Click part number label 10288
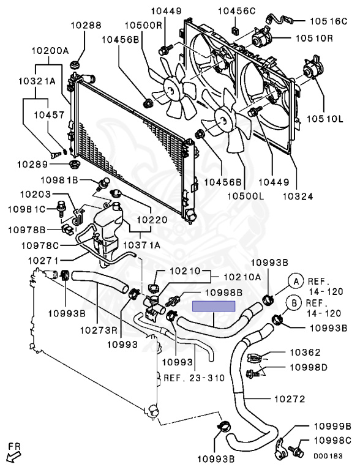(86, 25)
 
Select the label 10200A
(50, 50)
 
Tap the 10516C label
(328, 21)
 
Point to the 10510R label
(314, 38)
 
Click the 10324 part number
(298, 196)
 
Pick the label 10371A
(141, 245)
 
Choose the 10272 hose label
(290, 398)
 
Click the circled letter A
(296, 281)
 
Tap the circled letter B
(294, 303)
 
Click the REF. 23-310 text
(194, 378)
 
